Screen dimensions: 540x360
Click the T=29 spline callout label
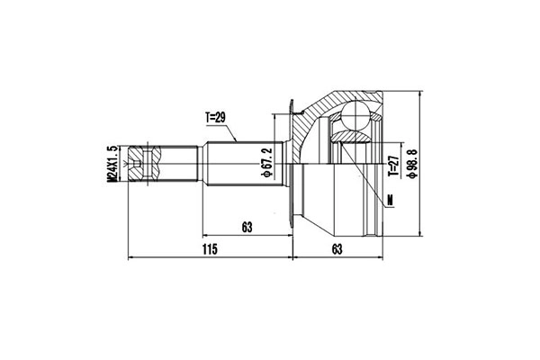(216, 118)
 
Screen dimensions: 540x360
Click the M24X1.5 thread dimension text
(112, 164)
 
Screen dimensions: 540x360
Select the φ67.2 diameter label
(267, 163)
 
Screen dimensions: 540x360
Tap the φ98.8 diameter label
(412, 163)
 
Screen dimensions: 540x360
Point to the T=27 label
(393, 166)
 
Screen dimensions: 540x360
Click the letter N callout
(391, 200)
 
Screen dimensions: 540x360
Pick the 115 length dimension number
(210, 249)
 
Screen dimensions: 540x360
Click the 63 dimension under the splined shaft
(247, 228)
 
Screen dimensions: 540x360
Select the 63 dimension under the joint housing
(337, 249)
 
